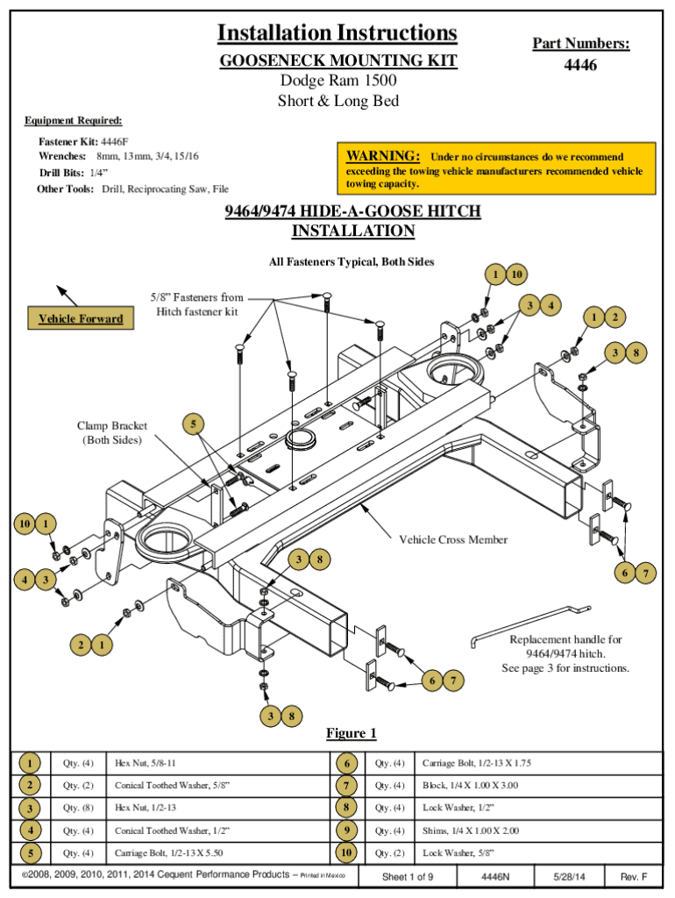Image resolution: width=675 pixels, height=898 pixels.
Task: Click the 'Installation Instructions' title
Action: (337, 33)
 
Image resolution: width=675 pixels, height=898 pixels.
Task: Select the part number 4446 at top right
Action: (580, 66)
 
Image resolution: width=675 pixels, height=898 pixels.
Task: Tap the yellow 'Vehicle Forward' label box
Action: (81, 318)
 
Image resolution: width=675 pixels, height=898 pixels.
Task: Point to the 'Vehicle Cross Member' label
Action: (453, 539)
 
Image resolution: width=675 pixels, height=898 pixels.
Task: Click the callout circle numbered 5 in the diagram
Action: (195, 424)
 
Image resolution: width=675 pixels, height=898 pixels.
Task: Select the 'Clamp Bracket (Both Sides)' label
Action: (111, 432)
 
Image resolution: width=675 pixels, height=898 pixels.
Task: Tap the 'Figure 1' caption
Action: (351, 733)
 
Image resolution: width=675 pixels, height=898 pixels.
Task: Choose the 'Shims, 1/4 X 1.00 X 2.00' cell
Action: (476, 830)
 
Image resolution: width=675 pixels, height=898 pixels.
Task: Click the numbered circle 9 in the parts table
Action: (345, 830)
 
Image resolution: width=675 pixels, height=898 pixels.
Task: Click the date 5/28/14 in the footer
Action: (569, 877)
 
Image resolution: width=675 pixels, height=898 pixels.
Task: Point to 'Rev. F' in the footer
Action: (633, 877)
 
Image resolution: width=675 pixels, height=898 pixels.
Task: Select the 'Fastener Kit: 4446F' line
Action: (83, 141)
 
